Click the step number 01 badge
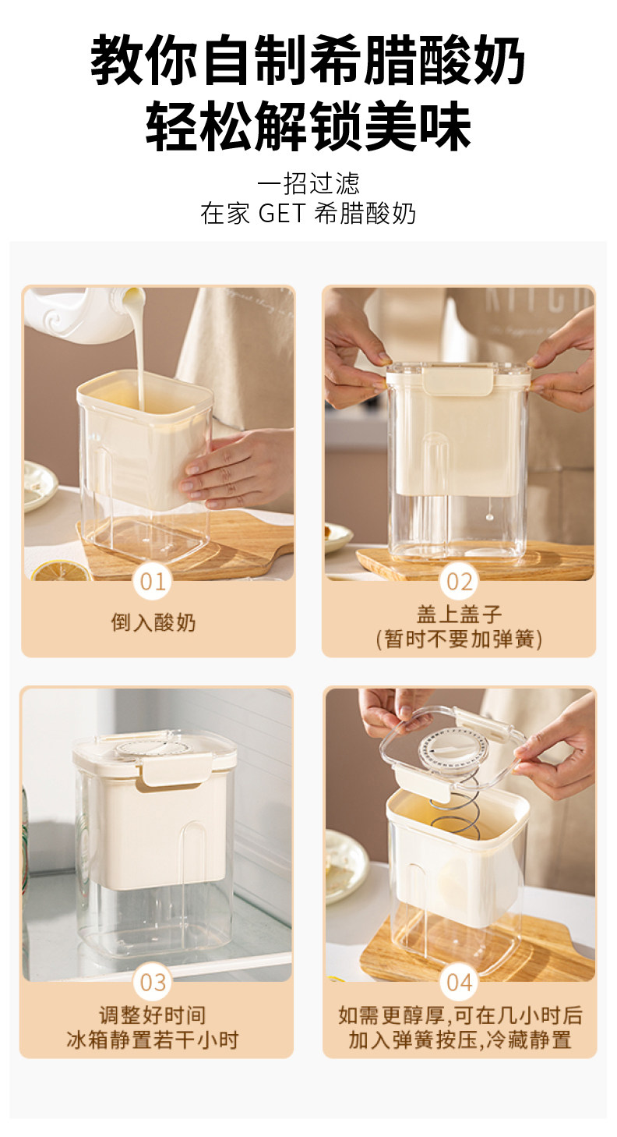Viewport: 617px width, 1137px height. click(x=153, y=582)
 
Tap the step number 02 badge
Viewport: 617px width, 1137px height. click(x=460, y=582)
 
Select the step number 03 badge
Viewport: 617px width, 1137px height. click(x=153, y=983)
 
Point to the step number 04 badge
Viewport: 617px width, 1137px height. click(x=460, y=983)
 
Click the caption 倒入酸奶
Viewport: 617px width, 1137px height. click(x=153, y=622)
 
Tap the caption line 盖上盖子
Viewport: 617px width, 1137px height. click(x=460, y=615)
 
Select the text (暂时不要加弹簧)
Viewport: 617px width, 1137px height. click(x=460, y=639)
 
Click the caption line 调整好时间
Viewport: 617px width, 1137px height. click(x=153, y=1015)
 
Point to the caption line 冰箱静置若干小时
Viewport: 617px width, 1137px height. click(x=153, y=1040)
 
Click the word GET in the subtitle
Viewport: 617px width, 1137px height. click(x=282, y=213)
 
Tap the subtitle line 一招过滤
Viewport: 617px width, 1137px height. click(x=308, y=184)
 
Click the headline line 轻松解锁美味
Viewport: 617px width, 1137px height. click(x=308, y=126)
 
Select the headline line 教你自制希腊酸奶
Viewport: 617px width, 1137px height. click(x=308, y=60)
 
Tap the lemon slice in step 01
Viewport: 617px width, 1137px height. click(x=61, y=572)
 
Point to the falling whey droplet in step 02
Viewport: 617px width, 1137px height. click(x=490, y=517)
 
